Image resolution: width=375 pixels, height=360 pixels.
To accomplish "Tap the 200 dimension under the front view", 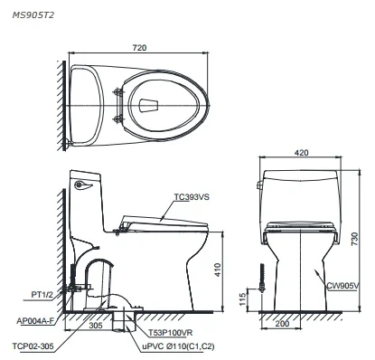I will tap(284, 323).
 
